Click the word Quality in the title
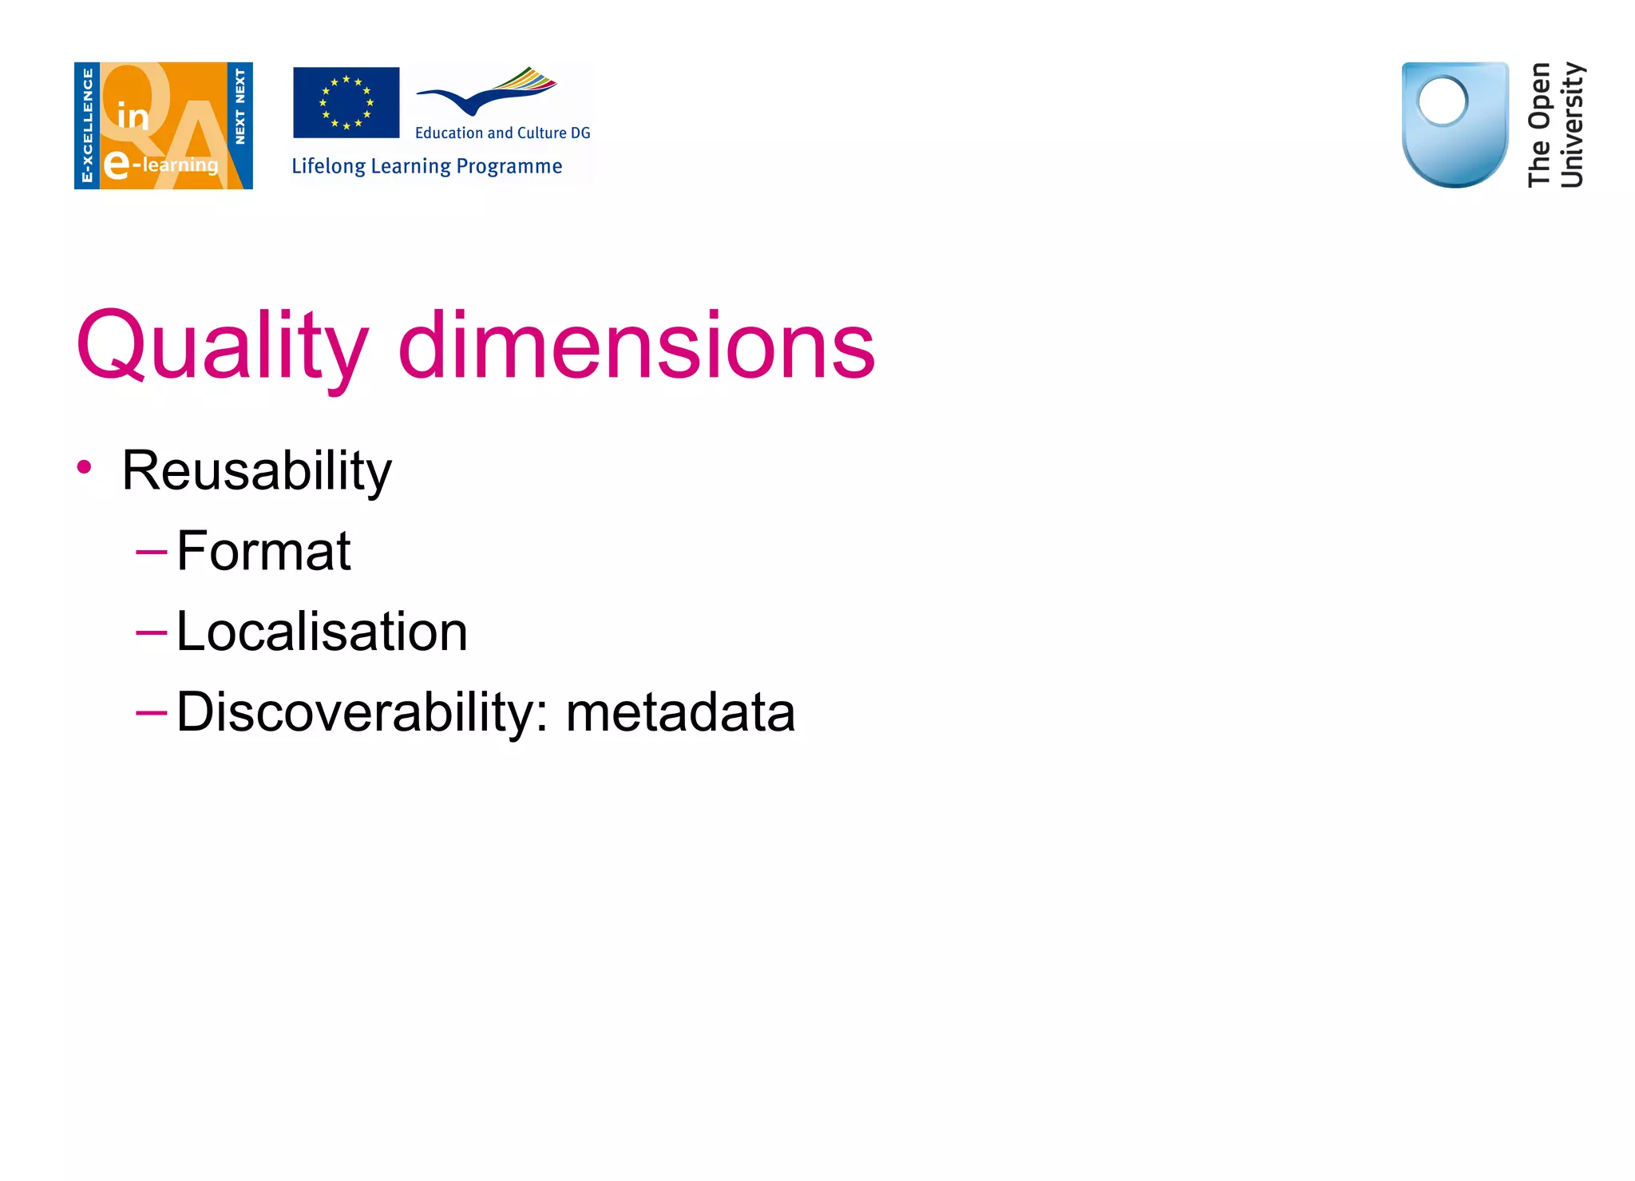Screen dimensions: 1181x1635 (222, 346)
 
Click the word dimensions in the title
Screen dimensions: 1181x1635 (636, 346)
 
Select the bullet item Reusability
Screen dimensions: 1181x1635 (256, 470)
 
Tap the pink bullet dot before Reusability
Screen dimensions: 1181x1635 (84, 467)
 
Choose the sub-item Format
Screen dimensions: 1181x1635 (263, 551)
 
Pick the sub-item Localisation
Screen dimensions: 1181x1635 (322, 632)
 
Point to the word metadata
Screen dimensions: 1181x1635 (680, 712)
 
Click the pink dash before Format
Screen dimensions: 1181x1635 (151, 552)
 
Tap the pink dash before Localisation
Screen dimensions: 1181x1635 (151, 632)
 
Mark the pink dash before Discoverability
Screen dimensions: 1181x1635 (151, 712)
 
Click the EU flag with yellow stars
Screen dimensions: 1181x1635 (346, 102)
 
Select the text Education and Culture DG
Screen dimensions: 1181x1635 (502, 133)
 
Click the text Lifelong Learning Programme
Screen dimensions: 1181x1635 (426, 166)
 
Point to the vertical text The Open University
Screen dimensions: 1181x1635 (1555, 125)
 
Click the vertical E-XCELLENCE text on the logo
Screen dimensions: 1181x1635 (87, 125)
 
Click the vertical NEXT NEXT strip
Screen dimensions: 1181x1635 (240, 108)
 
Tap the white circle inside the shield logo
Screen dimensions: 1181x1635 (1443, 101)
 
